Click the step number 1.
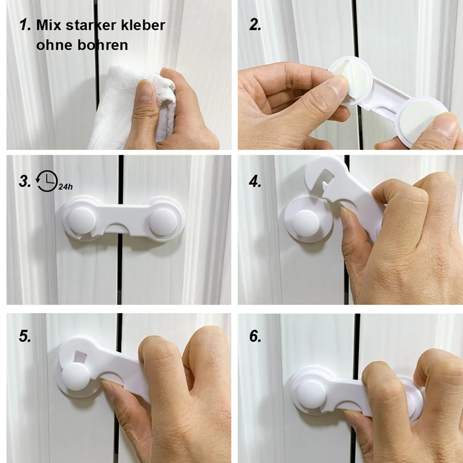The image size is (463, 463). [25, 24]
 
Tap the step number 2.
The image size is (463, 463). [255, 24]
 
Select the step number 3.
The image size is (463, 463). [25, 181]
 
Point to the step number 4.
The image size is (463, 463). [255, 181]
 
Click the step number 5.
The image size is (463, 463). [25, 336]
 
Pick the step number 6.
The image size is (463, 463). [255, 336]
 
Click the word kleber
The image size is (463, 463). [143, 25]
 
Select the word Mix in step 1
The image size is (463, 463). [49, 25]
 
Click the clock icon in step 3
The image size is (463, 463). [47, 181]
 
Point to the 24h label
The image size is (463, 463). [65, 186]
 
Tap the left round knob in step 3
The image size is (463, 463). [82, 221]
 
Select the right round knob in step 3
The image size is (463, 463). [163, 222]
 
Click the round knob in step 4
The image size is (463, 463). [306, 223]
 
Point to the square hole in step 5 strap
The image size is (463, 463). [79, 356]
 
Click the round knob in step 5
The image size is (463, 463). [76, 377]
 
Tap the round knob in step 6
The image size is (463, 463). [311, 394]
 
